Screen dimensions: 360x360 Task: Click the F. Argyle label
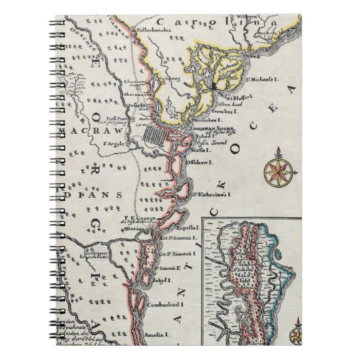(x=116, y=144)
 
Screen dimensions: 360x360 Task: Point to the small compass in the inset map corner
(x=297, y=336)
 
